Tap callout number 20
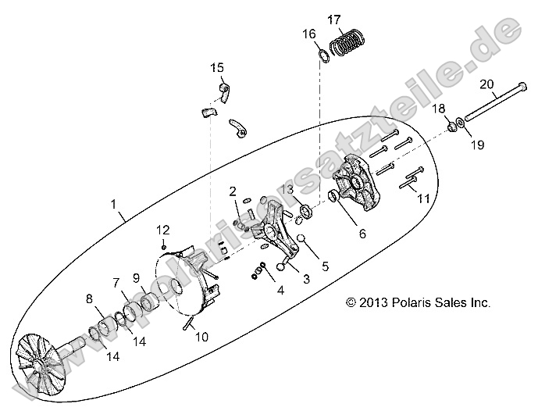(x=486, y=84)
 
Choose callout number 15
(x=216, y=68)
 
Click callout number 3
(x=306, y=279)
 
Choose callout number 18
(x=439, y=108)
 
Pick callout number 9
(x=135, y=277)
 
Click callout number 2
(x=233, y=191)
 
